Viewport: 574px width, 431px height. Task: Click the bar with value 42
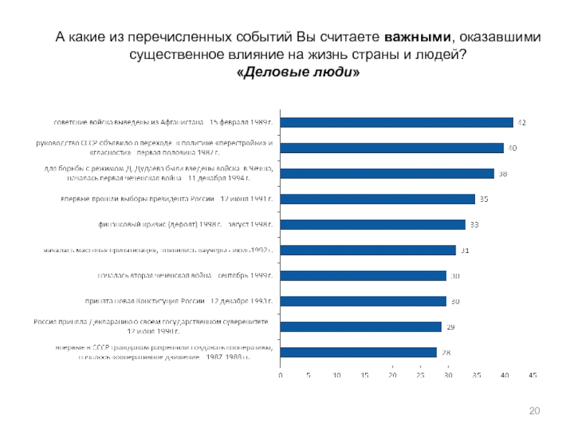coord(397,122)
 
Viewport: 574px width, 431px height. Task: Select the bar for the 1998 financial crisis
coord(372,225)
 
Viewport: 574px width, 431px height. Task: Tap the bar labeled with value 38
coord(387,173)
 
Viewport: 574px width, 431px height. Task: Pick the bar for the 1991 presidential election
coord(377,199)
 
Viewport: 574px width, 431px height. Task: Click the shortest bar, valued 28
coord(358,352)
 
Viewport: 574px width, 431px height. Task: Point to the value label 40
coord(513,148)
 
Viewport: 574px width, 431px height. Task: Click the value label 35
coord(484,199)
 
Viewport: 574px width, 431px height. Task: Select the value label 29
coord(451,327)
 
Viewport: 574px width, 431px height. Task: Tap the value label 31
coord(465,251)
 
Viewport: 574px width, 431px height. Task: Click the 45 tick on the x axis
coord(532,376)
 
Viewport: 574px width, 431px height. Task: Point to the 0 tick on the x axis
coord(281,376)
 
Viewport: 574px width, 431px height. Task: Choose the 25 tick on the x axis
coord(420,376)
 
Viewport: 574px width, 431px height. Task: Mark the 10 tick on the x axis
coord(337,376)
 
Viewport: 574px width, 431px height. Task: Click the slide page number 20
coord(533,410)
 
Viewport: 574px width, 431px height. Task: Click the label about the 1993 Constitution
coord(185,302)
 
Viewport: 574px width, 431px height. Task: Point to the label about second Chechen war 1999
coord(185,276)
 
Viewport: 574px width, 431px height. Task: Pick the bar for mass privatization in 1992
coord(368,250)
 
